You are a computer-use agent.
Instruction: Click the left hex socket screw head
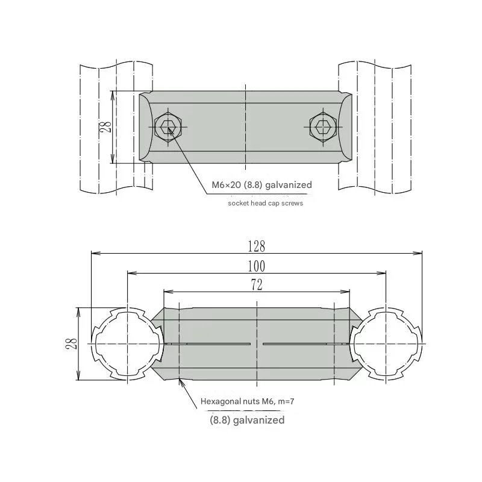tap(167, 127)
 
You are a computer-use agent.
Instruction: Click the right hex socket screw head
tap(322, 127)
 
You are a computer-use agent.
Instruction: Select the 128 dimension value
tap(256, 246)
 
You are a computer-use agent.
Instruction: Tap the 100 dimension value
tap(256, 266)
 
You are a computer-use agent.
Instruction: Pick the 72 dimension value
tap(256, 286)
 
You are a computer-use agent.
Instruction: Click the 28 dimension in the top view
tap(105, 127)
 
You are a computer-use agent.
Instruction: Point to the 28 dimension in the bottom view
tap(71, 343)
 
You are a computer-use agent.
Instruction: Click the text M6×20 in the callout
tap(226, 185)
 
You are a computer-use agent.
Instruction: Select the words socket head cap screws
tap(265, 203)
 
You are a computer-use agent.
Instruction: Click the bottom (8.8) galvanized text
tap(247, 420)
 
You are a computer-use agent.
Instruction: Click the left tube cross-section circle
tap(127, 343)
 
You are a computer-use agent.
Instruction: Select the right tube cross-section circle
tap(386, 343)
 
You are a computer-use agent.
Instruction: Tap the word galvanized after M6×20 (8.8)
tap(286, 185)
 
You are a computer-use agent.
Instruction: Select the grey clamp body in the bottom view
tap(256, 361)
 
